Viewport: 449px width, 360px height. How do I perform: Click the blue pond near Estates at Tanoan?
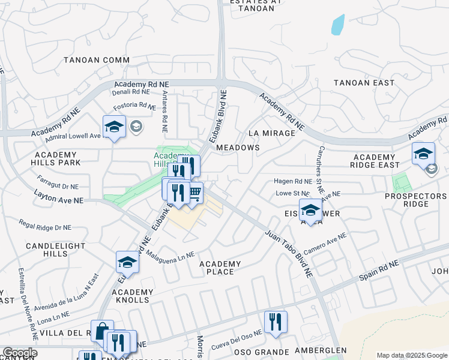[337, 24]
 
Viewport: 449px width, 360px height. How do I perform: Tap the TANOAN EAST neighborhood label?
[364, 83]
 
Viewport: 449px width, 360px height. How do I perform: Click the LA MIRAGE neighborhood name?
[271, 133]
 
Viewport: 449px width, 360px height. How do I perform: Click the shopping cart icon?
[194, 193]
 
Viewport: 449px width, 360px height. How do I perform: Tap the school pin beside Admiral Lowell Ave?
[113, 127]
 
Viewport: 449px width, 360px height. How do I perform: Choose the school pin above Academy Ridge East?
[423, 153]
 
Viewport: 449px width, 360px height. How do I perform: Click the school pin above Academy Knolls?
[127, 262]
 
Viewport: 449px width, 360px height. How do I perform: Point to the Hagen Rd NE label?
[293, 181]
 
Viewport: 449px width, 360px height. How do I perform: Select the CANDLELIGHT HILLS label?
[52, 250]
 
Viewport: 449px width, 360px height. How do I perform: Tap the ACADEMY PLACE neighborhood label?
[220, 268]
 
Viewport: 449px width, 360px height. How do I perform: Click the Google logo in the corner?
[19, 353]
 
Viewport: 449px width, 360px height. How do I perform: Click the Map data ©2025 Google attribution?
[411, 355]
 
